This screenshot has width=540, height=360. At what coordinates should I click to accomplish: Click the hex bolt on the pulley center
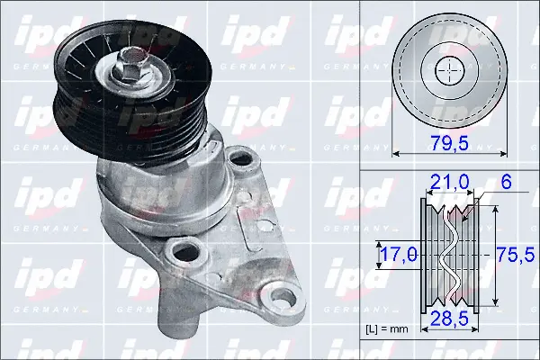point(130,65)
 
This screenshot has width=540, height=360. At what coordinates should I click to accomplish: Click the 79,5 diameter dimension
point(448,143)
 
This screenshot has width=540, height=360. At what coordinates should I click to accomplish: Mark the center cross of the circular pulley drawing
point(447,69)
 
